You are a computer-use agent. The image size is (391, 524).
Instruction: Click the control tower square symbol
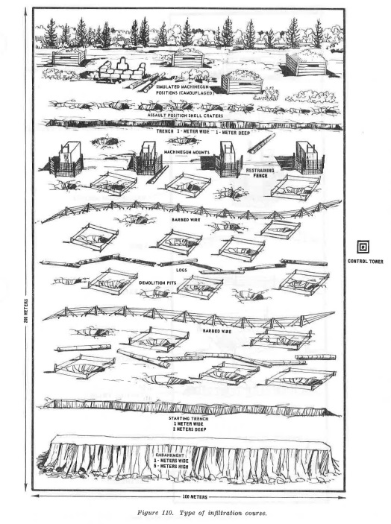coord(363,247)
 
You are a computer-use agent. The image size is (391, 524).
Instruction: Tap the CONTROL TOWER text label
coord(365,262)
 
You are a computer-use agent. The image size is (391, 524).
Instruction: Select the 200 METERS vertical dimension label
coord(26,311)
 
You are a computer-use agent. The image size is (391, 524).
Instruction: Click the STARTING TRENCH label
coord(188,418)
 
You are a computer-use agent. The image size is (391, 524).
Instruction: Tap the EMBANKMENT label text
coord(172,455)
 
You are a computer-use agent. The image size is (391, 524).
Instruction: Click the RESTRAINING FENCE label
coord(260,173)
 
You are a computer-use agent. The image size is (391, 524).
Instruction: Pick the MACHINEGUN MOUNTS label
coord(187,152)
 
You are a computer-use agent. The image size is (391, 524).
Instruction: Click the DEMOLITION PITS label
coord(157,282)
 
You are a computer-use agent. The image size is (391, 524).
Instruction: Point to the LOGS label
coord(181,270)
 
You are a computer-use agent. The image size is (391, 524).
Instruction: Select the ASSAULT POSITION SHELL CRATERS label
coord(185,116)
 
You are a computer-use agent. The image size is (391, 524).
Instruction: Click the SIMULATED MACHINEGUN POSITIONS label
coord(184,89)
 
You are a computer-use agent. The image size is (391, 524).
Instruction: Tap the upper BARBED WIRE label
coord(186,220)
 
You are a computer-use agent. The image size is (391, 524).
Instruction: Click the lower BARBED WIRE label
coord(217,331)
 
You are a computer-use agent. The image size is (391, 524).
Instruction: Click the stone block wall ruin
coord(122,71)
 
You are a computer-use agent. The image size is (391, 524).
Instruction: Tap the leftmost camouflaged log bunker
coord(69,57)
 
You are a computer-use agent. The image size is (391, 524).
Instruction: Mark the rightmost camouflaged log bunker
coord(306,65)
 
